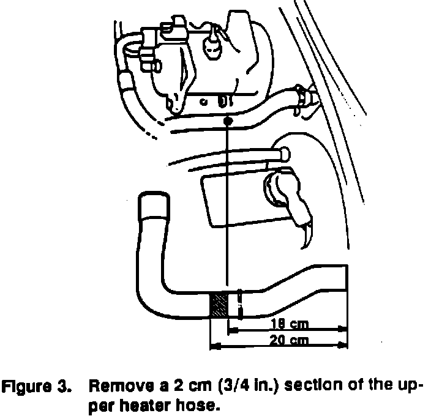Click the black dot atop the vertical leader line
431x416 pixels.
click(227, 122)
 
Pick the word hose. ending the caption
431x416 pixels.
click(200, 404)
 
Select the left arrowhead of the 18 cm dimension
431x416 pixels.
click(231, 331)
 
